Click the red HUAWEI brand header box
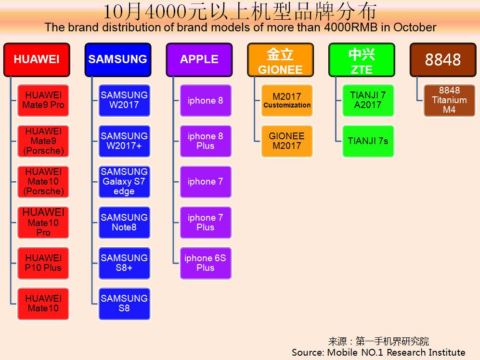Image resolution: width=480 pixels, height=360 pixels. coord(37,60)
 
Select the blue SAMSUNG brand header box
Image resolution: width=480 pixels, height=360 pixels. coord(118,60)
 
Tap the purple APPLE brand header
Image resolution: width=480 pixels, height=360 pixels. coord(199,60)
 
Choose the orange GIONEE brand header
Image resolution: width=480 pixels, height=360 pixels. coord(280,60)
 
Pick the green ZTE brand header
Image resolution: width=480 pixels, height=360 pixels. coord(362,60)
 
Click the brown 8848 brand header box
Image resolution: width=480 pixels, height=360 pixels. coord(443,60)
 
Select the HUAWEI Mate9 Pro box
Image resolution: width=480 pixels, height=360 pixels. coord(43,101)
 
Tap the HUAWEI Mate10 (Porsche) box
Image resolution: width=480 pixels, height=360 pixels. coord(43,182)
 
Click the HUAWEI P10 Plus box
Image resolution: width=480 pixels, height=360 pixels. coord(43,263)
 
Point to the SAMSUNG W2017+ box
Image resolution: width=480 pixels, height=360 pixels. coord(124,141)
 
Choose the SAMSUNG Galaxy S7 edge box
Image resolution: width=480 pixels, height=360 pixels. coord(124,182)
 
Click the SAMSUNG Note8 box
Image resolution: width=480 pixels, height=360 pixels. coord(124,223)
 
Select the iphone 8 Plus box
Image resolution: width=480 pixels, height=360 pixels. coord(206,141)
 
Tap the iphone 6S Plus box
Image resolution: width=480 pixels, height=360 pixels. coord(206,263)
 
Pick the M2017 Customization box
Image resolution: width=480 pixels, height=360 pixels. coord(287,101)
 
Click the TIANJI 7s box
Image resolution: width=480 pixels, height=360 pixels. coord(368,141)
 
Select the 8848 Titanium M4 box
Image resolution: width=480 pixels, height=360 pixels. coord(449,101)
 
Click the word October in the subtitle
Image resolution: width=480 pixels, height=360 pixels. coord(415,27)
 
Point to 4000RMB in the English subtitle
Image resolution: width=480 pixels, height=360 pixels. coord(351,27)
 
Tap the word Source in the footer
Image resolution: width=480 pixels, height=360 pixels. coord(307,352)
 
